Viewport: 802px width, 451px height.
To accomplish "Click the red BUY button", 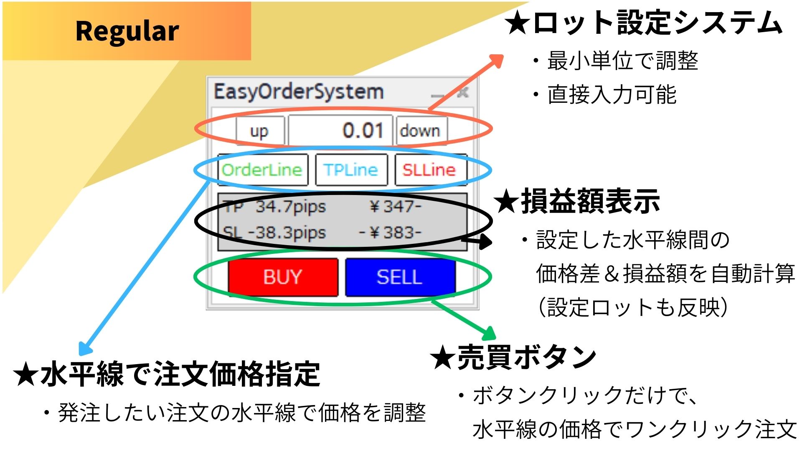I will [283, 277].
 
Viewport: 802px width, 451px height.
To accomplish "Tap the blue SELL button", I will [400, 277].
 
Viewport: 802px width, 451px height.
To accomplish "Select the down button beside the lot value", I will [421, 131].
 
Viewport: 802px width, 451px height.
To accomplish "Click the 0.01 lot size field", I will [341, 130].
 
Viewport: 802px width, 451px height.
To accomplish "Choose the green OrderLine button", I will [262, 170].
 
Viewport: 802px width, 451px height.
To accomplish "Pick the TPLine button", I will [351, 170].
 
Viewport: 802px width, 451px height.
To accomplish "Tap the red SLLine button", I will [429, 170].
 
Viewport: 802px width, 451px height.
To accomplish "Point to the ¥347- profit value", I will [395, 206].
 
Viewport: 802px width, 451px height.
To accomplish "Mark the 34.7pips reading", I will [291, 206].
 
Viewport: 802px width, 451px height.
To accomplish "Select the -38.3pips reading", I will [287, 233].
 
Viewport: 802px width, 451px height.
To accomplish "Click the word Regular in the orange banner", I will [127, 31].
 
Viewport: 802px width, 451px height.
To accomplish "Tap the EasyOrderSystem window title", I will [299, 91].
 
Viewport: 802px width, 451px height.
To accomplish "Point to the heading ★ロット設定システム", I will [643, 23].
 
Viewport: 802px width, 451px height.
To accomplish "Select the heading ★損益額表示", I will [576, 202].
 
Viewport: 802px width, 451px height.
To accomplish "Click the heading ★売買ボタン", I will [514, 357].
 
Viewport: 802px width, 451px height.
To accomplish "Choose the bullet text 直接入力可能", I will [612, 95].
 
